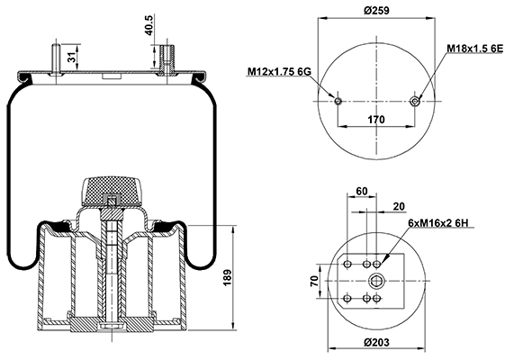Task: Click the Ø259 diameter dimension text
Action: click(376, 11)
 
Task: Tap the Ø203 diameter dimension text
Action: click(376, 343)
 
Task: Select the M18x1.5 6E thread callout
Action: click(475, 49)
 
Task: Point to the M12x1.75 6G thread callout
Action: click(279, 71)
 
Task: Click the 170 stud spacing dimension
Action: click(376, 120)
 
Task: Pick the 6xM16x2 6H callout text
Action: click(438, 223)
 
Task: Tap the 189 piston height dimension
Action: click(228, 278)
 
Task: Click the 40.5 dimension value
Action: click(149, 25)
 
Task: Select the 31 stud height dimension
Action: click(72, 58)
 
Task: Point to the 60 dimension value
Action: click(362, 191)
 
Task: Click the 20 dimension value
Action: click(399, 207)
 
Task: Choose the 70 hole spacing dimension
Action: click(314, 281)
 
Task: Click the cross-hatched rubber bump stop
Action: click(112, 191)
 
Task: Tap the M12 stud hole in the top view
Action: click(338, 101)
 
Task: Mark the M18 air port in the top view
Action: click(416, 101)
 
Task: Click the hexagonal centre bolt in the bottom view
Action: click(376, 281)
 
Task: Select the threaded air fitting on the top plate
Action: click(167, 58)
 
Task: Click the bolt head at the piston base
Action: click(112, 326)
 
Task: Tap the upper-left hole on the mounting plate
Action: click(347, 264)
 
